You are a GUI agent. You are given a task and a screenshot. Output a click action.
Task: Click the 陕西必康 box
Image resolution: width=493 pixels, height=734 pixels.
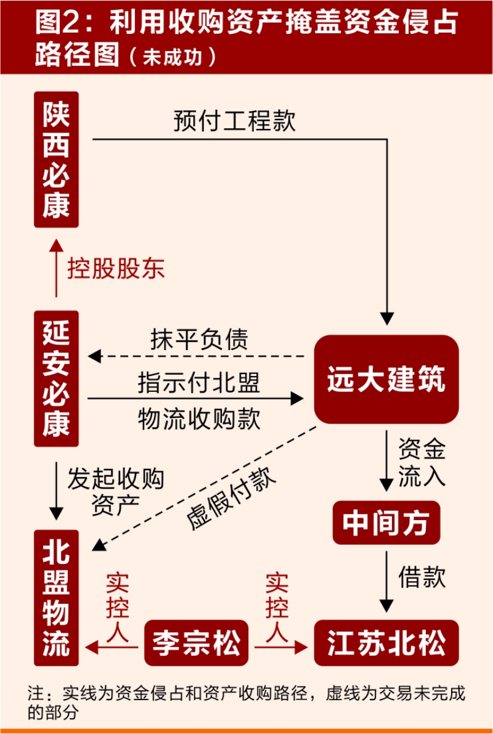click(56, 160)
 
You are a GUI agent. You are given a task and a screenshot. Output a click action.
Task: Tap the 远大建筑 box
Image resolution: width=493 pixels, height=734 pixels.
click(386, 379)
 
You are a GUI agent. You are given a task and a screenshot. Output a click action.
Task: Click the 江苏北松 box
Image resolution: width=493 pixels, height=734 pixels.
click(386, 643)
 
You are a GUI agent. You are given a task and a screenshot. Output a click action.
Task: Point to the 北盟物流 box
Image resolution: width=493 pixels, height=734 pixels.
click(56, 598)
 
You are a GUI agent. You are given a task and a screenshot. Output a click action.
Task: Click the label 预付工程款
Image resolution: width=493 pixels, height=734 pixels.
click(234, 121)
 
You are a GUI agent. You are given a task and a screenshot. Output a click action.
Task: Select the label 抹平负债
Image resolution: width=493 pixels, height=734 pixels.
click(198, 339)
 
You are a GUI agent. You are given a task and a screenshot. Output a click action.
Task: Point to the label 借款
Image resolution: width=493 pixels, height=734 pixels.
click(422, 577)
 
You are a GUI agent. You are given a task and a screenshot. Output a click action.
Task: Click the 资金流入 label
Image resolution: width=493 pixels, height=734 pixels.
click(422, 463)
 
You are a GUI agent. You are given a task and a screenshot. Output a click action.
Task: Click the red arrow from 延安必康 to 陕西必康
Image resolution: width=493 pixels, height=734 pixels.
click(56, 268)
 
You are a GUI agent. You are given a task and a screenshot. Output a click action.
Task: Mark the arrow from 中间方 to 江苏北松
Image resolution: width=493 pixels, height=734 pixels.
click(386, 579)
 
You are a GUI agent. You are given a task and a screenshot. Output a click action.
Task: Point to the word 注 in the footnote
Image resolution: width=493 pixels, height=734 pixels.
click(35, 692)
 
